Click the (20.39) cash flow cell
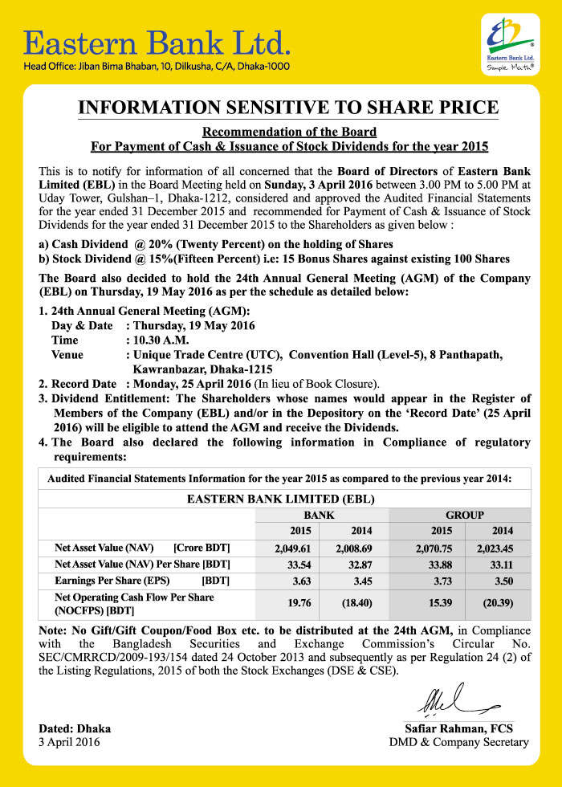[x=499, y=602]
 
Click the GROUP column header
[x=465, y=515]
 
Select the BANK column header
[x=318, y=515]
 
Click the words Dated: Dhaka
[x=75, y=728]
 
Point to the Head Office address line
[x=157, y=67]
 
